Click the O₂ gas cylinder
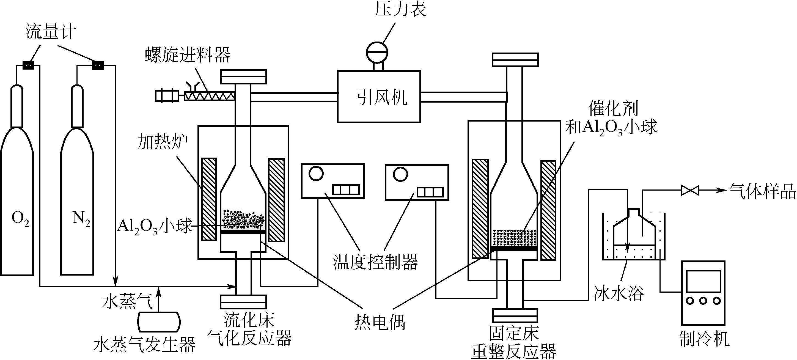coord(17,201)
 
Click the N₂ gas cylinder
coord(77,201)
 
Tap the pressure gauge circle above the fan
coord(377,52)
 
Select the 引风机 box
coord(379,97)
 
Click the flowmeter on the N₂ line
coord(98,65)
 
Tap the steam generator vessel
coord(159,322)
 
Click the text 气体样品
coord(762,191)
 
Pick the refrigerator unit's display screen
coord(703,281)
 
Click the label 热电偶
coord(380,322)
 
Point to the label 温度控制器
coord(375,262)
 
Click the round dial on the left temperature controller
coord(316,174)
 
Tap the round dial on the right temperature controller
coord(400,175)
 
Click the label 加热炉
coord(163,142)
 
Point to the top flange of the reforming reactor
coord(515,60)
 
